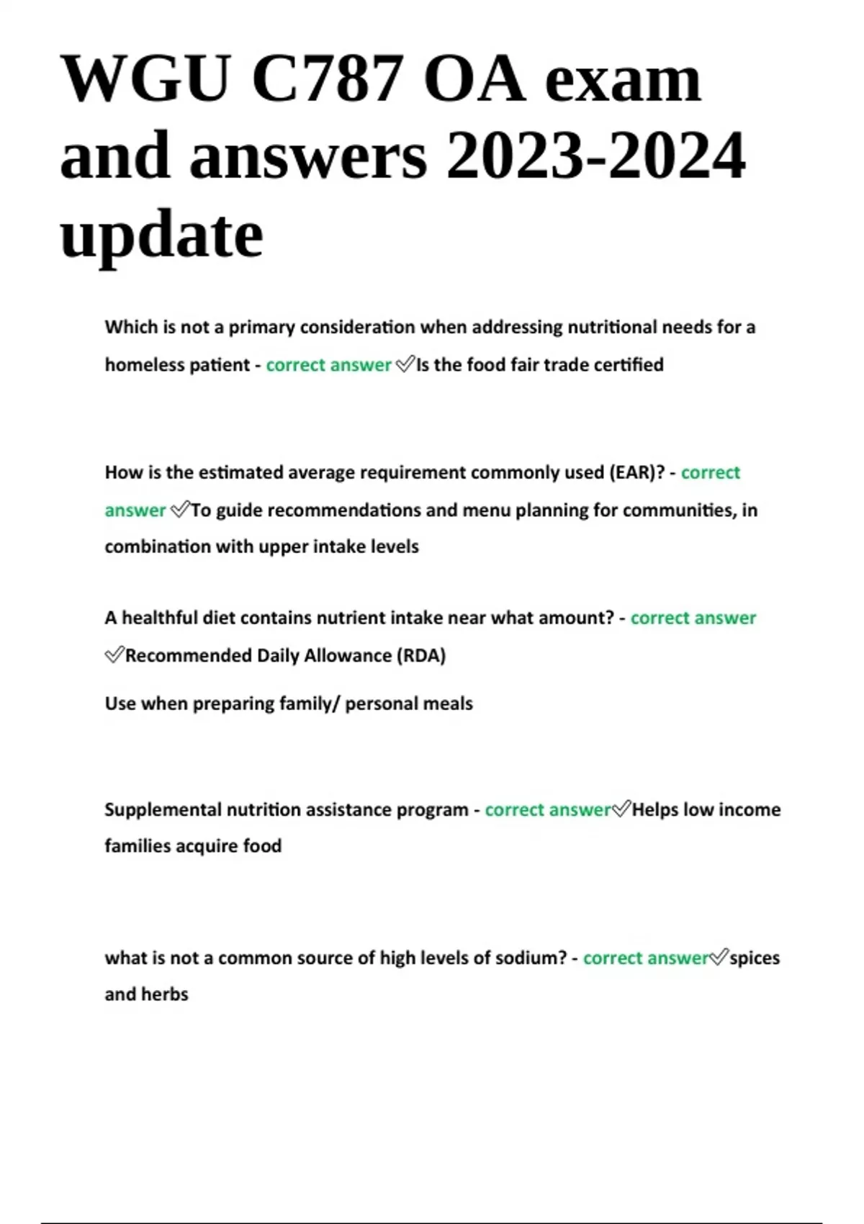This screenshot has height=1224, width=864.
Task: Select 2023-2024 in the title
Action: (595, 156)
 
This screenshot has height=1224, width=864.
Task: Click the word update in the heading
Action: (161, 235)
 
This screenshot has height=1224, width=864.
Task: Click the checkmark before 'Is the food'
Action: (405, 365)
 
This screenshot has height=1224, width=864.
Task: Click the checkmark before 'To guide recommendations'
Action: (179, 510)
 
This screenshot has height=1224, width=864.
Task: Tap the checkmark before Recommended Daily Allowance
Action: (114, 656)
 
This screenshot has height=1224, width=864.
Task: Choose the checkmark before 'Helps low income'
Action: (621, 810)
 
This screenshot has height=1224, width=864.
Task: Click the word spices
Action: (755, 958)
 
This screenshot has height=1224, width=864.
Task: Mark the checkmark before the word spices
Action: (719, 958)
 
